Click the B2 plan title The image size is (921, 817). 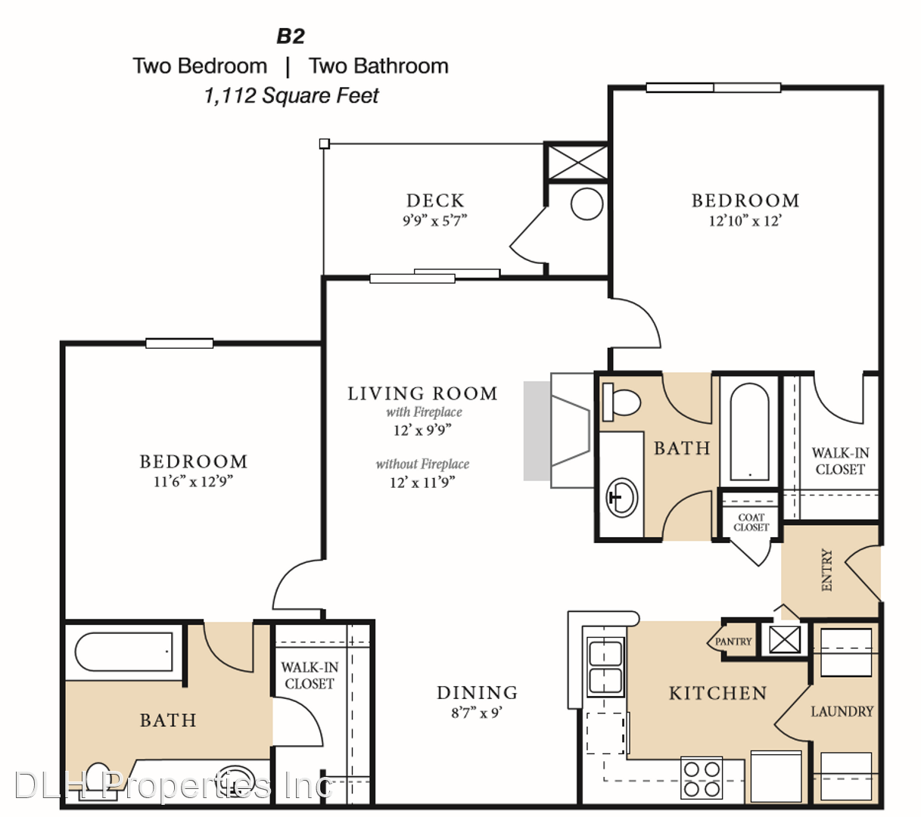click(x=290, y=36)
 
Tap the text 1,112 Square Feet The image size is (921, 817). click(x=291, y=95)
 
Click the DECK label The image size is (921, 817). click(x=435, y=200)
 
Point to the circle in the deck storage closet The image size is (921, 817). click(x=587, y=204)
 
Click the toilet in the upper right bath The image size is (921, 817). click(x=621, y=401)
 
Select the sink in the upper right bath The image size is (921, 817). click(x=621, y=497)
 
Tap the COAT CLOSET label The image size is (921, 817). click(x=751, y=522)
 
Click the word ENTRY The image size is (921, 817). click(x=827, y=570)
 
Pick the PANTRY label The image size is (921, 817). click(x=733, y=641)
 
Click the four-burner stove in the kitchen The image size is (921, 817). click(x=702, y=777)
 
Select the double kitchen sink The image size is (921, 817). click(x=605, y=666)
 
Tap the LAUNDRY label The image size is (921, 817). click(x=842, y=711)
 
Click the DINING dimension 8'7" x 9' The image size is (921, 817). click(x=477, y=713)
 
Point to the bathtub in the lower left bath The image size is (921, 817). click(x=123, y=652)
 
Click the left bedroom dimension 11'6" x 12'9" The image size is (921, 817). click(x=193, y=481)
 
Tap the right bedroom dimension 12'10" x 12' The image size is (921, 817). click(x=745, y=221)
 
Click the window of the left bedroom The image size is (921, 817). click(x=179, y=343)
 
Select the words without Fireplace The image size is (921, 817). click(x=422, y=464)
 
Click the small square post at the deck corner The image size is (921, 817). click(x=324, y=144)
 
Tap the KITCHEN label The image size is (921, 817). click(x=717, y=694)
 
